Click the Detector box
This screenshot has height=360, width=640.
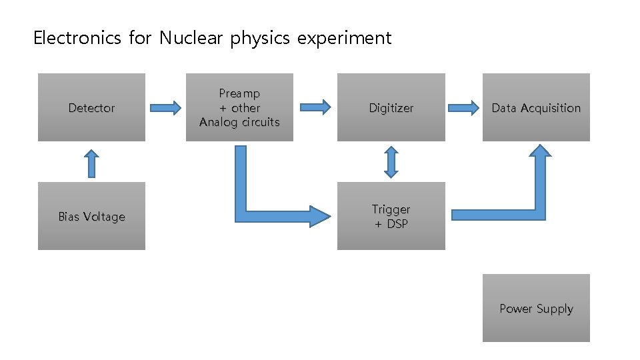coord(91,107)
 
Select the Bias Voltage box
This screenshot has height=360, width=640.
coord(91,216)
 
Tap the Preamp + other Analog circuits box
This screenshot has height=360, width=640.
coord(239,107)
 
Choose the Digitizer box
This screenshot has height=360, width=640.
coord(391,107)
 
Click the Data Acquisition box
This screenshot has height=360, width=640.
coord(536,107)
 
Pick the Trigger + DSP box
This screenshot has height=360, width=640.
coord(391,216)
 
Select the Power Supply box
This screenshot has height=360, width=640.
coord(536,308)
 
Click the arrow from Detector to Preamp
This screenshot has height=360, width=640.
coord(165,107)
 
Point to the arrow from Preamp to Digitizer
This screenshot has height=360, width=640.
coord(315,107)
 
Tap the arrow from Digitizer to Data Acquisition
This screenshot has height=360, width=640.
coord(464,107)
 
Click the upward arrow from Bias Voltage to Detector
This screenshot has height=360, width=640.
coord(91,163)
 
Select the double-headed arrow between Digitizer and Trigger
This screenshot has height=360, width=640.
coord(391,162)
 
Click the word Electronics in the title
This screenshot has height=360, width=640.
coord(77,38)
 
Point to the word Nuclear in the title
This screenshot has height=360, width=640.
coord(192,38)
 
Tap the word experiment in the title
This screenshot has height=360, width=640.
coord(345,39)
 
